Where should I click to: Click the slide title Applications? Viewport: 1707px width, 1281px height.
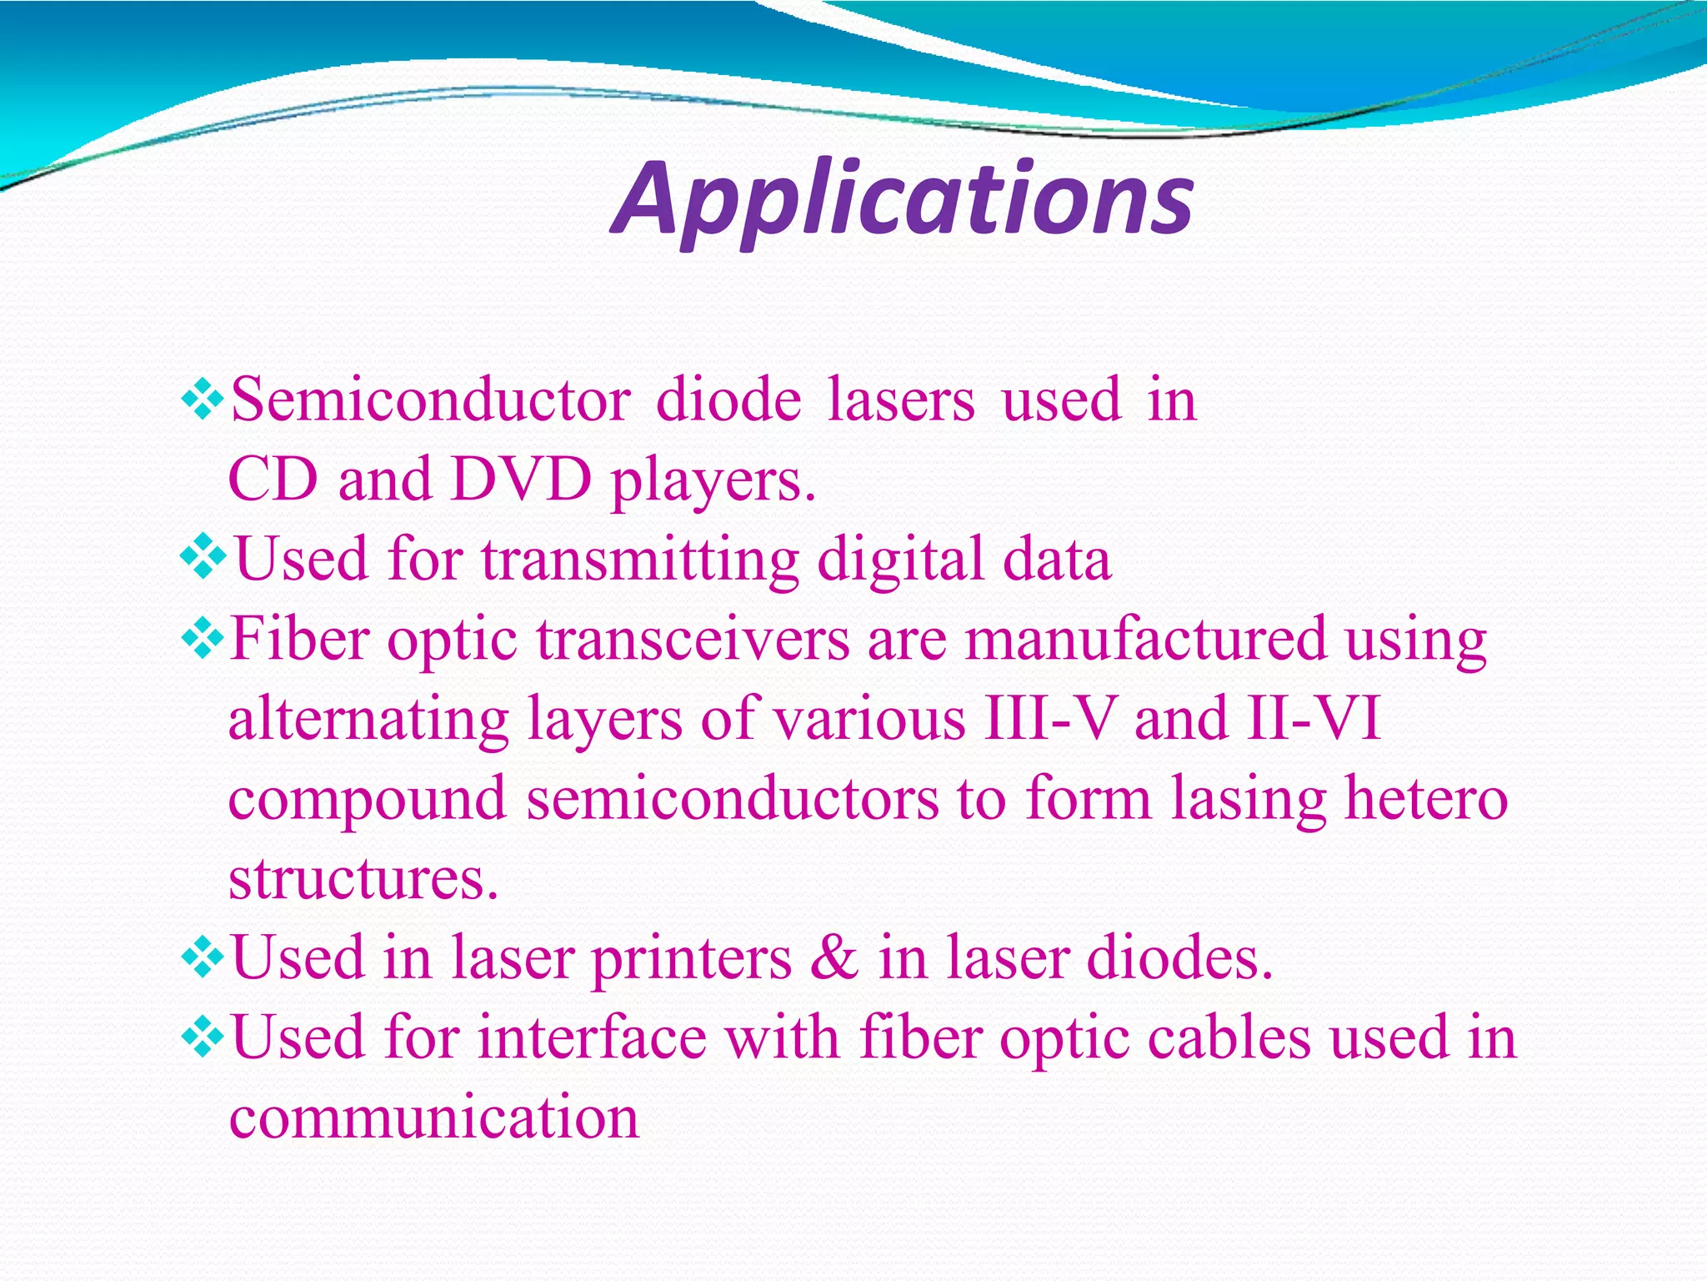coord(903,200)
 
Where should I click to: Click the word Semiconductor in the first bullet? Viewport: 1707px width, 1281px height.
coord(430,400)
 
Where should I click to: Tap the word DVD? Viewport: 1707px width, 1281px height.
coord(521,480)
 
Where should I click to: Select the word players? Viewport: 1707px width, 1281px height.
coord(713,482)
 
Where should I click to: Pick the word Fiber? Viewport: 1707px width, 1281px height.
coord(299,639)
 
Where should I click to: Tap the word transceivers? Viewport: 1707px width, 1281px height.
coord(693,639)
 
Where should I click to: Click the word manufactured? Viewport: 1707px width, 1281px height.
coord(1145,639)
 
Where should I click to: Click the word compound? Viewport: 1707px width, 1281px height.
coord(368,800)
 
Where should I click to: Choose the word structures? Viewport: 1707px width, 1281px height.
coord(363,878)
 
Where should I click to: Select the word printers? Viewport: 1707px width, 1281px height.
coord(692,959)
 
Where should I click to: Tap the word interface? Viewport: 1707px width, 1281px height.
coord(593,1037)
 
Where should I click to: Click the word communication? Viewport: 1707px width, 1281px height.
coord(433,1118)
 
